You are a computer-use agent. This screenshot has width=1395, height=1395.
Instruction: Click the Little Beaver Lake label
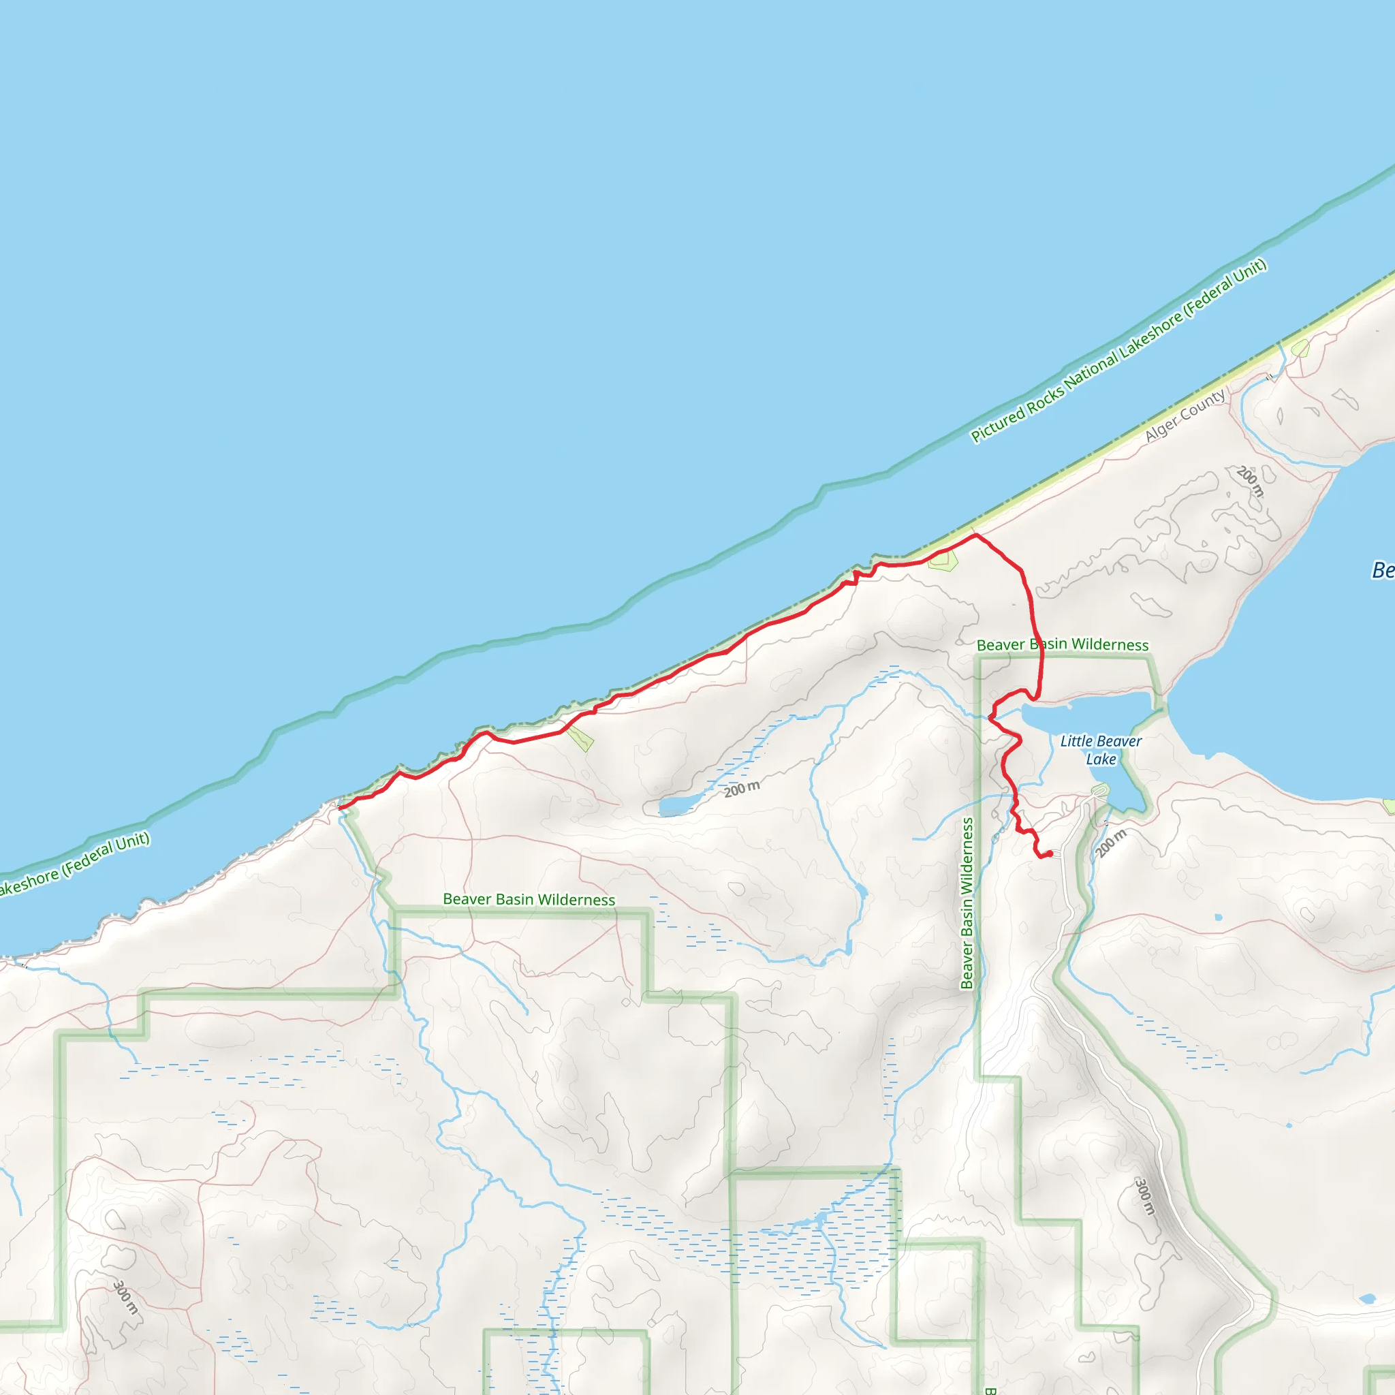[1101, 750]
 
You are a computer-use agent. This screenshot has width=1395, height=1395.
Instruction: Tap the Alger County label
[1185, 416]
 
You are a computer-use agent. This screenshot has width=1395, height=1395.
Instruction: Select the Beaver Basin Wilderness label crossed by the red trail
[1062, 645]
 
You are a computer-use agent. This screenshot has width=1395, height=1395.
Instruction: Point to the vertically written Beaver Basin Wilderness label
[967, 903]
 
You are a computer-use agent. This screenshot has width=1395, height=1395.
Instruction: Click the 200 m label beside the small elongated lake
[742, 789]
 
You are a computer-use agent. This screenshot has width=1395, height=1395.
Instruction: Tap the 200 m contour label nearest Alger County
[1251, 482]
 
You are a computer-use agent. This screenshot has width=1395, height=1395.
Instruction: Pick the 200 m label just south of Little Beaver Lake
[1110, 843]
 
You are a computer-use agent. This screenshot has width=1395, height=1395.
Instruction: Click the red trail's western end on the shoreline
[339, 807]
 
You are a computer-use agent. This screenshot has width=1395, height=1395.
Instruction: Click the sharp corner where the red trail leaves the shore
[976, 535]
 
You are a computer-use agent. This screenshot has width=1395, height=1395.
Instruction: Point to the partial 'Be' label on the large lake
[1383, 570]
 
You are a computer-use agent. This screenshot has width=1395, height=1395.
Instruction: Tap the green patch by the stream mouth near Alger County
[1300, 349]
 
